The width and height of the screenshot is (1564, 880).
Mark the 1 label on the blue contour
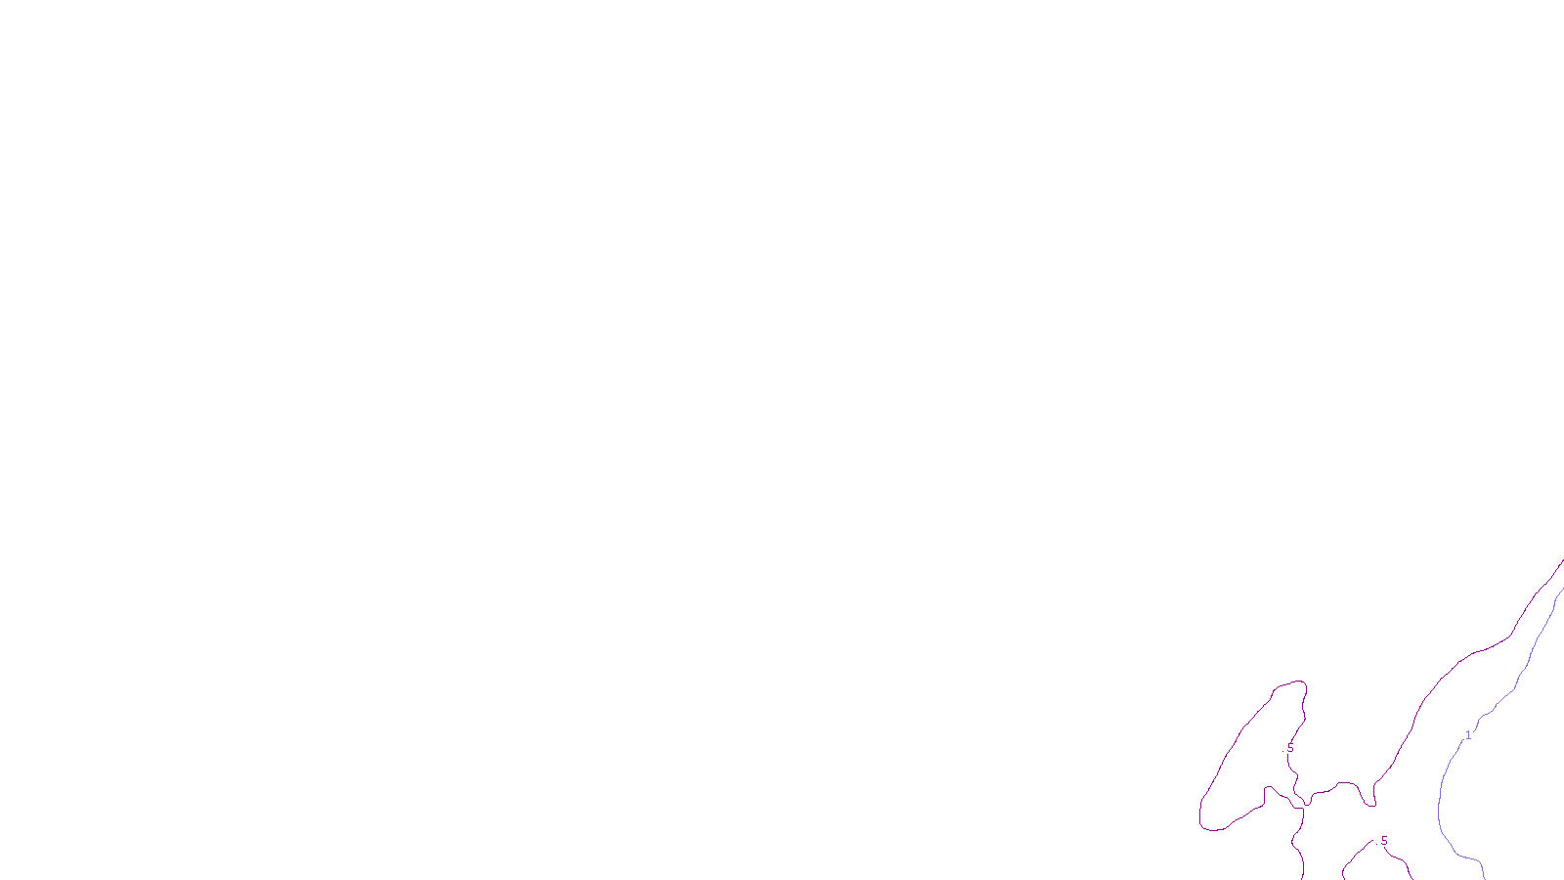(x=1467, y=735)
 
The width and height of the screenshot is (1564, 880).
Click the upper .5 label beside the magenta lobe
(x=1289, y=749)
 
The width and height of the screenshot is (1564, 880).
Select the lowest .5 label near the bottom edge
(x=1383, y=841)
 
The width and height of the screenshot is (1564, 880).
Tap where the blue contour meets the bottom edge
(x=1485, y=876)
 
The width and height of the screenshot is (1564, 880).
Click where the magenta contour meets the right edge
(x=1561, y=561)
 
